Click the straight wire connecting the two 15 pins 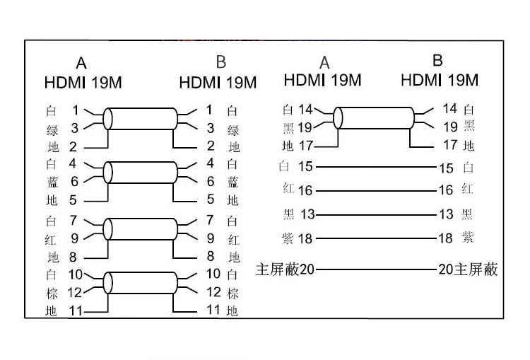(x=375, y=168)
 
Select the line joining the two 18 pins (x=375, y=238)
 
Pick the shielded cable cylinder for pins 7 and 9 (x=141, y=228)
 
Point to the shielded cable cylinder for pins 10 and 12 (x=141, y=282)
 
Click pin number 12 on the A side (x=74, y=292)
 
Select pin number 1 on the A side (x=76, y=110)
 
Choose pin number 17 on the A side (x=306, y=146)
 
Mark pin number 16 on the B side (x=446, y=190)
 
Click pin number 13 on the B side (x=446, y=214)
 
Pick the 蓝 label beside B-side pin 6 (x=234, y=182)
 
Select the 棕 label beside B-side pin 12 (x=234, y=292)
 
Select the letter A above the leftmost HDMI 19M (x=82, y=62)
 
